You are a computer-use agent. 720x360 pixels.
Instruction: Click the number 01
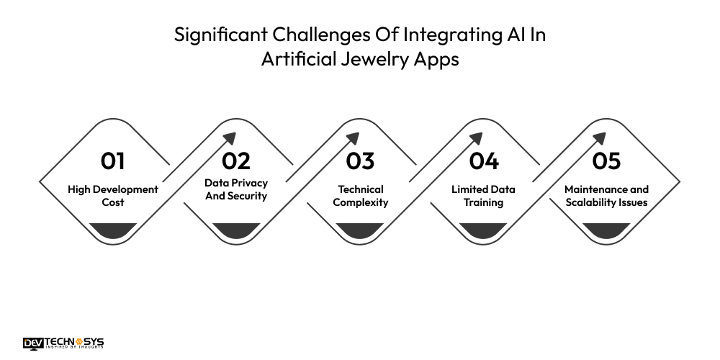(x=113, y=161)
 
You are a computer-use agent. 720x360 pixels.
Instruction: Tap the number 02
(x=236, y=161)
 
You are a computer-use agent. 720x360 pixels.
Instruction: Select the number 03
(x=360, y=161)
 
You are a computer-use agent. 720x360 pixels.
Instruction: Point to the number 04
(x=483, y=161)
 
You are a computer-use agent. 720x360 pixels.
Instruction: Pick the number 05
(x=606, y=161)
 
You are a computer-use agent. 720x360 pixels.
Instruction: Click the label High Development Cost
(x=113, y=196)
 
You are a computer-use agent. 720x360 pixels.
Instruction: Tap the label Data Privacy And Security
(x=236, y=189)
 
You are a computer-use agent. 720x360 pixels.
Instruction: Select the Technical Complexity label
(x=360, y=196)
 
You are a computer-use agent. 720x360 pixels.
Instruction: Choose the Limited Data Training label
(x=483, y=196)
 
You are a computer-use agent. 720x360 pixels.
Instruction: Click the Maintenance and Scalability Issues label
(x=606, y=196)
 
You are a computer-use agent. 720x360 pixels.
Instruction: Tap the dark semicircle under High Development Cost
(x=113, y=231)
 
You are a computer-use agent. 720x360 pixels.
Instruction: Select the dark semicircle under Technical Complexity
(x=360, y=231)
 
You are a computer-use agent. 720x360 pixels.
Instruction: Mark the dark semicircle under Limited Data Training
(x=483, y=231)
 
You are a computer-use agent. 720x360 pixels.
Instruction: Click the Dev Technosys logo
(x=63, y=343)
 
